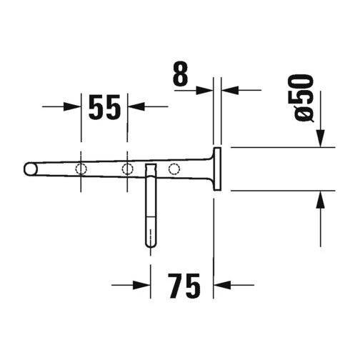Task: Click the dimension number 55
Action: pos(104,106)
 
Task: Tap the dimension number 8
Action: pos(181,74)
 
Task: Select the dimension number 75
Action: pos(184,286)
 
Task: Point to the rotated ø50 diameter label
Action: pos(304,99)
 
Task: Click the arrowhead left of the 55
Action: pos(72,106)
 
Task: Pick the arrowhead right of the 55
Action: pos(136,106)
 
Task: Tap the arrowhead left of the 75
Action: pos(141,285)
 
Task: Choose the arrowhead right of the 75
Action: pos(223,285)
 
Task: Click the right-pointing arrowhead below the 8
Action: pos(204,90)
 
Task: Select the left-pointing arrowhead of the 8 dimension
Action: pos(230,90)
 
